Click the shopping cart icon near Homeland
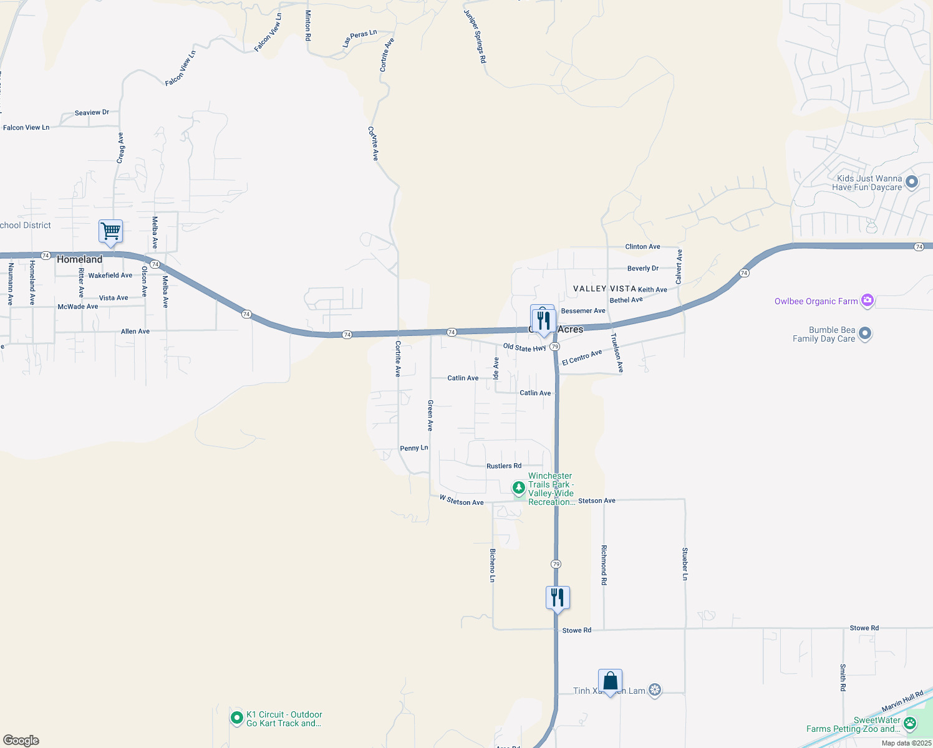tap(110, 231)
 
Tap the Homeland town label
tap(79, 259)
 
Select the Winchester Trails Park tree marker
tap(518, 487)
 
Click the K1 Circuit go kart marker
tap(236, 718)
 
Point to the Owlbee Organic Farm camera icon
tap(867, 301)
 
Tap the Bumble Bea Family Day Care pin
tap(864, 333)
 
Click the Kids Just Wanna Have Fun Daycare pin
tap(912, 182)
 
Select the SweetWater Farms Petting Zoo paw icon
tap(910, 724)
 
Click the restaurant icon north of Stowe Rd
tap(558, 598)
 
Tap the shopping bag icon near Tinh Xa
tap(610, 681)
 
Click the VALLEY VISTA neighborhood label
tap(604, 289)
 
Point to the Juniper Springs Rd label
tap(475, 36)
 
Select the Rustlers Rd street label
tap(504, 466)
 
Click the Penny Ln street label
tap(414, 448)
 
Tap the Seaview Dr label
tap(92, 113)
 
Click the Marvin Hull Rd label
tap(902, 701)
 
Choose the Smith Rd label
tap(843, 678)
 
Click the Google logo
tap(21, 741)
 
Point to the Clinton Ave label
tap(642, 247)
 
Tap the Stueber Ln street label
tap(685, 564)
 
